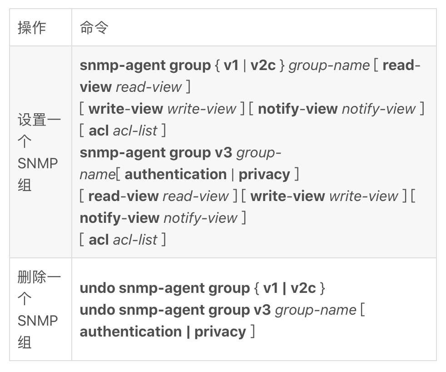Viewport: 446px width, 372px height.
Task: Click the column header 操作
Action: coord(32,28)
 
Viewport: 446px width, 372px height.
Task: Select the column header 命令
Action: coord(94,28)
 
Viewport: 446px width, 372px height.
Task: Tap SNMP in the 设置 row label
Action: coord(38,164)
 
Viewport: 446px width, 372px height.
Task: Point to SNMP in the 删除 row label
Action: coord(38,321)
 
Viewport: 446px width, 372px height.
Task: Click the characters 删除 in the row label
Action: coord(32,277)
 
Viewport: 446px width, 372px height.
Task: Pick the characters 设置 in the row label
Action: coord(32,120)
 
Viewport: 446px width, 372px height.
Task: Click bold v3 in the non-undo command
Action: coord(223,152)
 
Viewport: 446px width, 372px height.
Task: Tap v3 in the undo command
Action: coord(262,310)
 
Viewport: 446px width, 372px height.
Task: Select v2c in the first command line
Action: coord(263,65)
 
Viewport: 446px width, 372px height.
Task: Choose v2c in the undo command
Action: coord(303,288)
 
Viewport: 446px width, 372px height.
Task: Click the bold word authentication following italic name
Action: coord(175,174)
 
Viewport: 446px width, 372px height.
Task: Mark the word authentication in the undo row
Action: coord(131,332)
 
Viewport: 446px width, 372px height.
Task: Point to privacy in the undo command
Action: coord(220,332)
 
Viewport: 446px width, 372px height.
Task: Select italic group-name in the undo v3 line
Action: coord(316,310)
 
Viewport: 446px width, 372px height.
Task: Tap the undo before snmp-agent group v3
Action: coord(97,310)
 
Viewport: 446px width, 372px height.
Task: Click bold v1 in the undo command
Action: coord(271,288)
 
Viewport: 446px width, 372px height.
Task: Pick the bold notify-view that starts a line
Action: coord(119,218)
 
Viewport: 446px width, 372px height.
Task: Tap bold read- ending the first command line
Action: coord(401,65)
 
